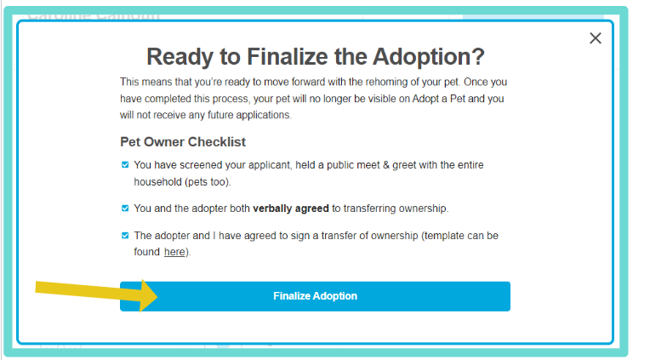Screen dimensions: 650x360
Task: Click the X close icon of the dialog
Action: coord(596,38)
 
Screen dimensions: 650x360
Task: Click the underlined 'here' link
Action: coord(174,252)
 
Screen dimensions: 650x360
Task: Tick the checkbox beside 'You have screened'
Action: coord(125,164)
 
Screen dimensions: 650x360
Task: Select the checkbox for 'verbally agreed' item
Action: coord(125,209)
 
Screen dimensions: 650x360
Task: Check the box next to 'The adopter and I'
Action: coord(125,236)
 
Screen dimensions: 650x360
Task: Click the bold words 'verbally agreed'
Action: coord(291,209)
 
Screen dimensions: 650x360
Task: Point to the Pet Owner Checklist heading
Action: coord(183,142)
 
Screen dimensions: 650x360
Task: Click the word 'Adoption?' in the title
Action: coord(428,56)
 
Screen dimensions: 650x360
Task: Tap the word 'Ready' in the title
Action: coord(180,56)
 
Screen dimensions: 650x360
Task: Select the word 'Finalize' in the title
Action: coord(288,56)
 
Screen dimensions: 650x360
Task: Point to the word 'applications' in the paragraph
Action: coord(263,115)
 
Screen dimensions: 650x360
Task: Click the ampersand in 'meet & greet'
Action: coord(386,165)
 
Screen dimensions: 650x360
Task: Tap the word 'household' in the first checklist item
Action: coord(157,181)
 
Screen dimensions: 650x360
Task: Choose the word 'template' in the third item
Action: coord(444,236)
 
